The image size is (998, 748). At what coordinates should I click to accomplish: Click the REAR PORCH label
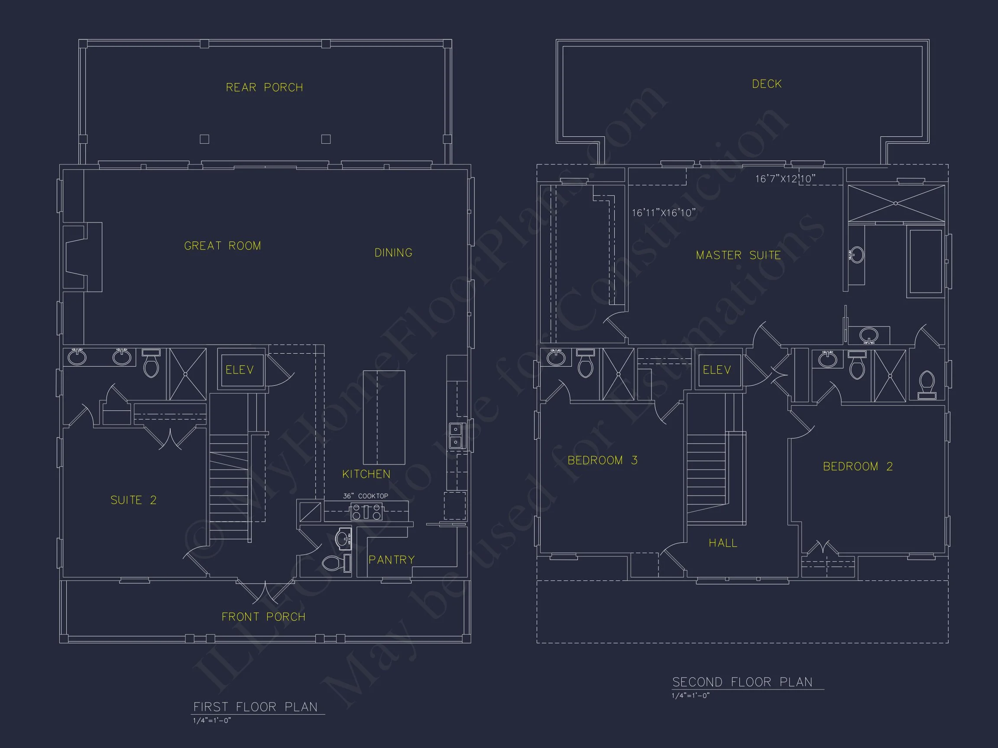pyautogui.click(x=264, y=87)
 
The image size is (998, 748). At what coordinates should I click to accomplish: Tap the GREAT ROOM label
pyautogui.click(x=223, y=246)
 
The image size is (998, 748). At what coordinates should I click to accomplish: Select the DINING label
pyautogui.click(x=393, y=253)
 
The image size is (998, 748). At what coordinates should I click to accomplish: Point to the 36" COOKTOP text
pyautogui.click(x=366, y=496)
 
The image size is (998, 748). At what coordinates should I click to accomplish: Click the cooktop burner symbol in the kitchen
pyautogui.click(x=366, y=512)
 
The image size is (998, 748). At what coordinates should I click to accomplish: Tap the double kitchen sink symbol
pyautogui.click(x=456, y=436)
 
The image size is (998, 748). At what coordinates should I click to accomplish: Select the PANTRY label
pyautogui.click(x=391, y=560)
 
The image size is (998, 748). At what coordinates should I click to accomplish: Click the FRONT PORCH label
pyautogui.click(x=263, y=617)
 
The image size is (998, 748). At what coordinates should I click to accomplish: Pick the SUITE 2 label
pyautogui.click(x=133, y=500)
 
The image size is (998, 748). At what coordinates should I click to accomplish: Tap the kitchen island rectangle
pyautogui.click(x=384, y=418)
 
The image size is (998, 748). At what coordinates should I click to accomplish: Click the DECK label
pyautogui.click(x=767, y=84)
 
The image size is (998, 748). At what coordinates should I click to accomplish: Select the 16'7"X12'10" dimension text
pyautogui.click(x=785, y=179)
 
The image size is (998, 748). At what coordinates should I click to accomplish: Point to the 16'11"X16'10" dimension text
pyautogui.click(x=663, y=213)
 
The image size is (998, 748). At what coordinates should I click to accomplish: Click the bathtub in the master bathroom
pyautogui.click(x=925, y=261)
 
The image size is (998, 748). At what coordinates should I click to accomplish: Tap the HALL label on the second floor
pyautogui.click(x=723, y=543)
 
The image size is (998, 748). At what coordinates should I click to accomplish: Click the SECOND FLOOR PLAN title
pyautogui.click(x=742, y=682)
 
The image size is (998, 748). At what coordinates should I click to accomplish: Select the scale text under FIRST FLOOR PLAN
pyautogui.click(x=212, y=720)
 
